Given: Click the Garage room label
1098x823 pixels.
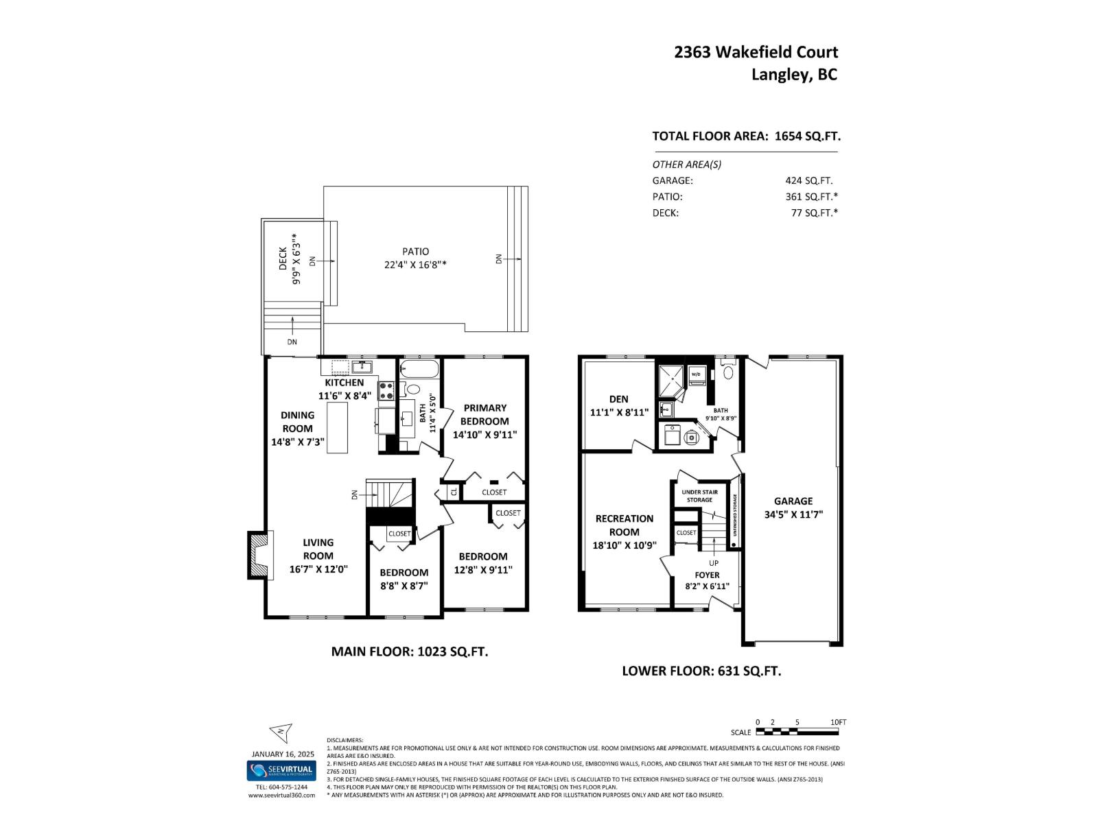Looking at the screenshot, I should pos(793,501).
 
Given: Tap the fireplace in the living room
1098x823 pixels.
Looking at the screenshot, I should pos(259,555).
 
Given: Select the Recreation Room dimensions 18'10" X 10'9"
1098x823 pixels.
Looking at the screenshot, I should pos(624,545).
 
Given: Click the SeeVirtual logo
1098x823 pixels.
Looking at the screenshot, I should pos(281,770).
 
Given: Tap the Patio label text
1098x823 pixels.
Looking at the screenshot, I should pos(416,252).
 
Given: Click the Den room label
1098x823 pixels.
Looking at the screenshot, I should pos(618,399).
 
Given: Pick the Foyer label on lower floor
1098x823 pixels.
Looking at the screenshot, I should pos(707,575).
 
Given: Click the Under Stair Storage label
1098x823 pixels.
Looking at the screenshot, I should pos(699,496).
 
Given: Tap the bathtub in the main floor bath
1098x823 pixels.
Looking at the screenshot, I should pos(419,370).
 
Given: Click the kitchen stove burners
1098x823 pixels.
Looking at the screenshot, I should pos(386,390).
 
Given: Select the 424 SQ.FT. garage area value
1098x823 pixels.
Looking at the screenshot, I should pos(808,181).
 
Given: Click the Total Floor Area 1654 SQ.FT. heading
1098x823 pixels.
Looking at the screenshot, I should pos(746,136).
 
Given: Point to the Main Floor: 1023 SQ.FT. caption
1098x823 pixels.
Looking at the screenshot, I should pos(410,652).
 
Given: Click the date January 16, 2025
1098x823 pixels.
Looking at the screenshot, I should pos(283,753).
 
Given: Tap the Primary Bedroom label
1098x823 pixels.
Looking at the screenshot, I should pos(484,414).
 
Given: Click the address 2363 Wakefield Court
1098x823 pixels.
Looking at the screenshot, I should pos(756,52).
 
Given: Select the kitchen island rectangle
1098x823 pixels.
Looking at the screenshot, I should pos(337,427).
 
